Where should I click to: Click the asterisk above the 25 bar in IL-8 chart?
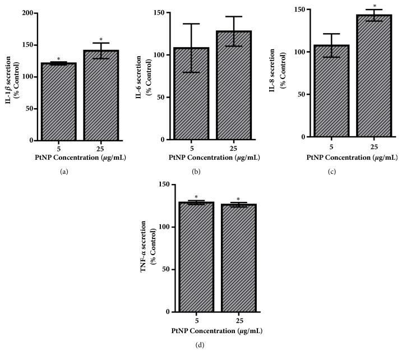[x=375, y=6]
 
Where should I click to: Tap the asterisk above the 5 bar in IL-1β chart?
[x=58, y=59]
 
